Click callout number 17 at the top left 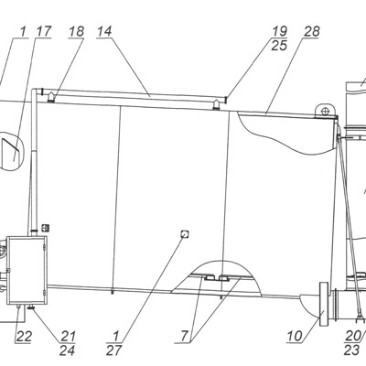pyautogui.click(x=43, y=31)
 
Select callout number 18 pyautogui.click(x=76, y=31)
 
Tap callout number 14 pyautogui.click(x=104, y=31)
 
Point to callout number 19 pyautogui.click(x=279, y=31)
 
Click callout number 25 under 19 pyautogui.click(x=279, y=46)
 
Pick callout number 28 pyautogui.click(x=311, y=31)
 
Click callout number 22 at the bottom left pyautogui.click(x=24, y=337)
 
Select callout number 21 pyautogui.click(x=68, y=337)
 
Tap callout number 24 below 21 pyautogui.click(x=68, y=350)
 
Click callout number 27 pyautogui.click(x=113, y=350)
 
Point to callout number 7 pyautogui.click(x=184, y=337)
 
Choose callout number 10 pyautogui.click(x=295, y=337)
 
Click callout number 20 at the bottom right pyautogui.click(x=353, y=337)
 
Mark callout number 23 pyautogui.click(x=351, y=350)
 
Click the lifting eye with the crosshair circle pyautogui.click(x=325, y=110)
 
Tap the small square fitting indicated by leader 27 pyautogui.click(x=185, y=234)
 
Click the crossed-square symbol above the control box pyautogui.click(x=45, y=228)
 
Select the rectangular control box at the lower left pyautogui.click(x=27, y=270)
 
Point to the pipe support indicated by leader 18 pyautogui.click(x=50, y=97)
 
